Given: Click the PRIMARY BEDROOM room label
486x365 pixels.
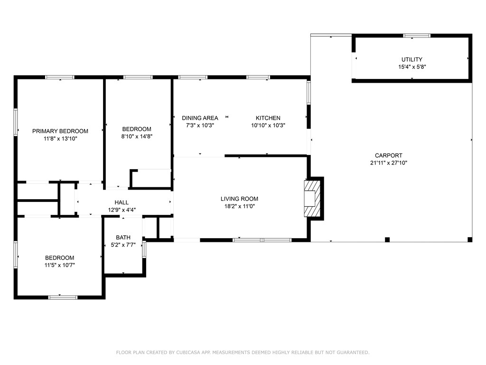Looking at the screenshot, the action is [60, 131].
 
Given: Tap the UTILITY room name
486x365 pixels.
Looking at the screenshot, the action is [412, 59].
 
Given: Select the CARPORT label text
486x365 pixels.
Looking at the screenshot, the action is [389, 155].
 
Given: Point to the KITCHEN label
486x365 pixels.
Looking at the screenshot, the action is [268, 118].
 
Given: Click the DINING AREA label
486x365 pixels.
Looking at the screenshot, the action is [200, 118].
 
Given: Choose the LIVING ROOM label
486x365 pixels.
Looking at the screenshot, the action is [239, 199].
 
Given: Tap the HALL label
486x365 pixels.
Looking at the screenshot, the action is [121, 202].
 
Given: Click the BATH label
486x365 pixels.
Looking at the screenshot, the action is [123, 238].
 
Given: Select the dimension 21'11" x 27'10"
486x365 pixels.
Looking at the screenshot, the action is [389, 163].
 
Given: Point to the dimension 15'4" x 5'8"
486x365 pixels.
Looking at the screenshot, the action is [412, 67].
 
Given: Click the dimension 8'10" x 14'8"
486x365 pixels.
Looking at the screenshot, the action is [137, 136].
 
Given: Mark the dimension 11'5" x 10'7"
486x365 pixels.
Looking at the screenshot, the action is [59, 265].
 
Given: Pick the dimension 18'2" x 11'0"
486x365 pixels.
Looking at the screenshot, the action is [239, 206].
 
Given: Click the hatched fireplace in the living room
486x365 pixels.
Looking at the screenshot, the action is [312, 199].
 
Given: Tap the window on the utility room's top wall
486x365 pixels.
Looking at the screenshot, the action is [417, 36].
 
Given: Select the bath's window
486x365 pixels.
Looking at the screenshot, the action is [144, 249].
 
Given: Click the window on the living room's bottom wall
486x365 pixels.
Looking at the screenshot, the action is [262, 240].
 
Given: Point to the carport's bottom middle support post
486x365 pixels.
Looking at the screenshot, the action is [387, 240].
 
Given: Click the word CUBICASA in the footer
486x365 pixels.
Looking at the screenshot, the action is [188, 352].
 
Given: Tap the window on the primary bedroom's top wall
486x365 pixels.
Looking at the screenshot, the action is [60, 77].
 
